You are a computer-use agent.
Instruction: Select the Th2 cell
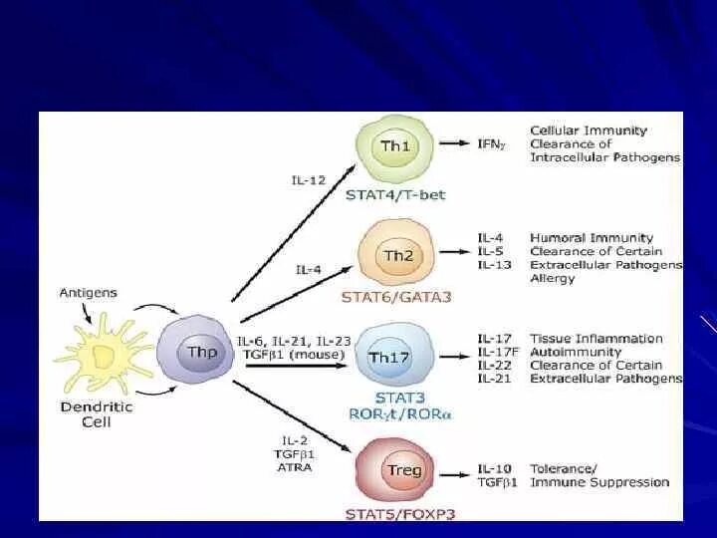click(397, 257)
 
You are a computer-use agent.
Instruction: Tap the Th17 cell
click(396, 357)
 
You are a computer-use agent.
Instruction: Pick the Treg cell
click(403, 470)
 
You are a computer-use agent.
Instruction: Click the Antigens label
click(88, 293)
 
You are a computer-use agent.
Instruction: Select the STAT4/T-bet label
click(395, 194)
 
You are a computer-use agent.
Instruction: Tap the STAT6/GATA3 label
click(395, 296)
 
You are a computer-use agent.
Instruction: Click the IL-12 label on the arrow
click(308, 180)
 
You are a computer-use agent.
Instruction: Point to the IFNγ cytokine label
click(491, 145)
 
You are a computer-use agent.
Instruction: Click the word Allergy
click(553, 279)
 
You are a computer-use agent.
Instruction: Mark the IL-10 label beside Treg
click(494, 468)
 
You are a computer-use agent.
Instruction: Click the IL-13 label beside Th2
click(494, 265)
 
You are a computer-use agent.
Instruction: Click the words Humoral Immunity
click(592, 238)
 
